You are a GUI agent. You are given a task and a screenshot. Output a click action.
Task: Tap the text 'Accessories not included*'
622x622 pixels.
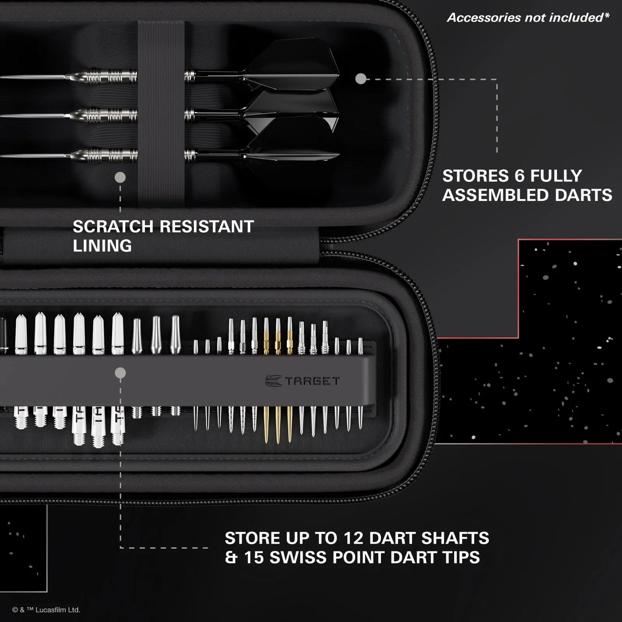[x=528, y=18]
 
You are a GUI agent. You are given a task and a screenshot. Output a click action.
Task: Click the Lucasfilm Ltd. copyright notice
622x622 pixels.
[x=46, y=610]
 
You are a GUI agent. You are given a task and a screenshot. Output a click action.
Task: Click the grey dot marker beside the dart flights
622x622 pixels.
[x=361, y=78]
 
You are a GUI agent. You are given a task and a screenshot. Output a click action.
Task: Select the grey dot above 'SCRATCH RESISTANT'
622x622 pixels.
[x=120, y=177]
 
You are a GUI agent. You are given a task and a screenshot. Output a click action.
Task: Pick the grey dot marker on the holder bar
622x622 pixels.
[x=121, y=373]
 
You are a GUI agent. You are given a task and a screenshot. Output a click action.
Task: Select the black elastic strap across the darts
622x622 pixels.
[x=161, y=112]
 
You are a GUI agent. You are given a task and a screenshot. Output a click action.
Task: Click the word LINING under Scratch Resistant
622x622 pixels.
[x=102, y=246]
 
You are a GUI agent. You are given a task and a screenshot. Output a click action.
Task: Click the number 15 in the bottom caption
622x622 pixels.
[x=254, y=557]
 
